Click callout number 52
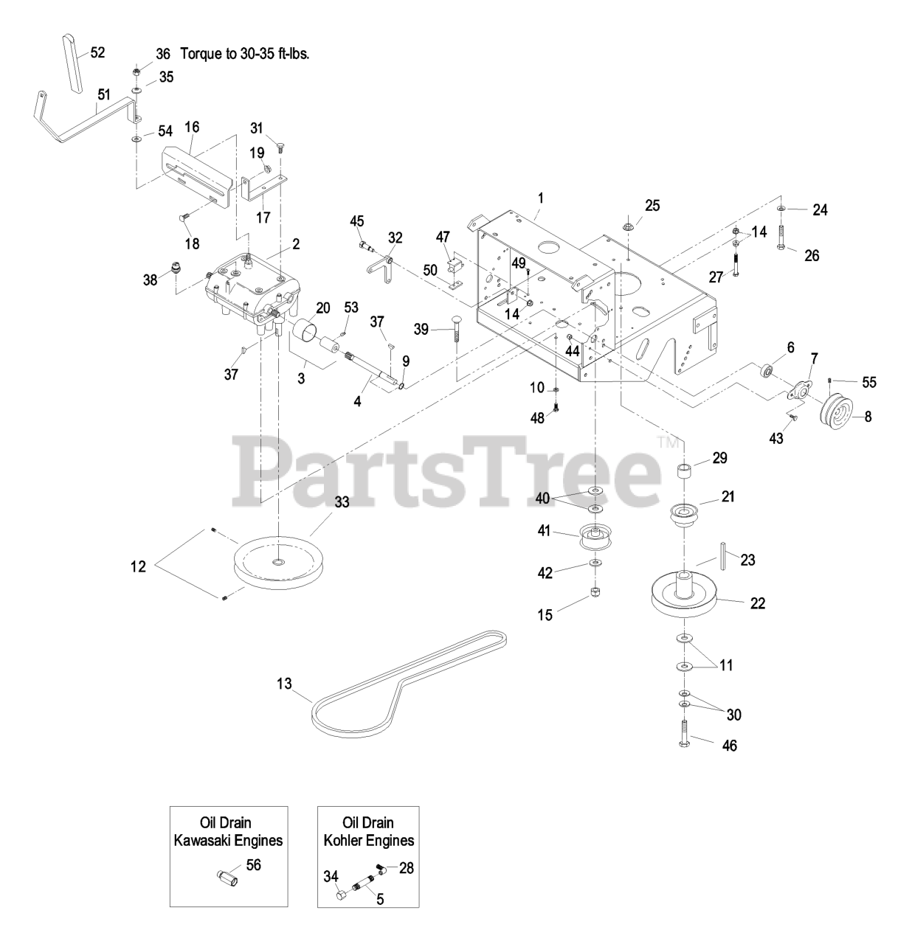click(97, 52)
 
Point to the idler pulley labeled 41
click(594, 536)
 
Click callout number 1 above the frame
click(541, 198)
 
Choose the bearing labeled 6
click(767, 368)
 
